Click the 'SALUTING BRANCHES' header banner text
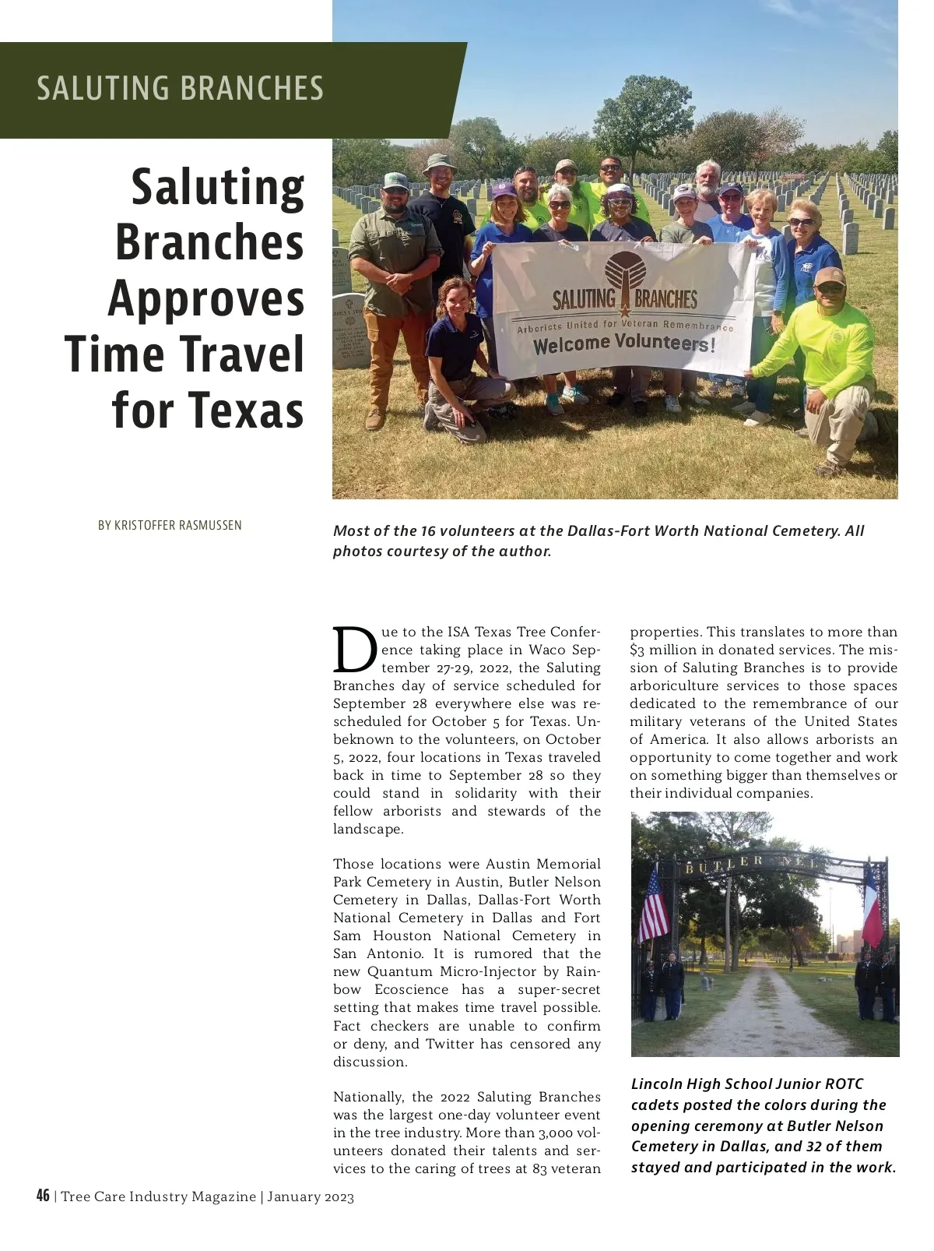click(180, 88)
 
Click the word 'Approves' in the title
click(206, 298)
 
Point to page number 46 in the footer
click(43, 1196)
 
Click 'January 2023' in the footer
click(311, 1196)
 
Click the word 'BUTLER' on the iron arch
click(725, 863)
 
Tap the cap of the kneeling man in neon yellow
click(830, 276)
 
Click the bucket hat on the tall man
click(439, 162)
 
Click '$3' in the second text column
click(637, 650)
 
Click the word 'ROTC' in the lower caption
click(844, 1084)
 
